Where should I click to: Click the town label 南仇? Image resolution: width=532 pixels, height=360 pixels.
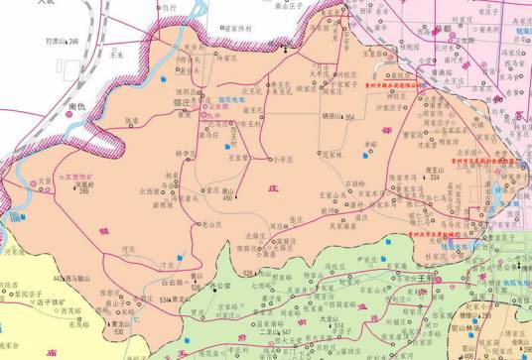[x=75, y=103]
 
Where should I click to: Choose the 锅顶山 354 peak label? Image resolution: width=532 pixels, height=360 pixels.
[x=339, y=117]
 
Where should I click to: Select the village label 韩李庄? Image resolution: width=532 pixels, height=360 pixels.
[x=184, y=153]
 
